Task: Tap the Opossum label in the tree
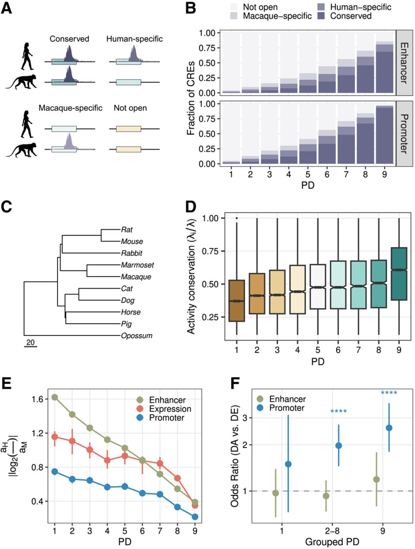[x=136, y=336]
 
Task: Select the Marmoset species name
[x=137, y=265]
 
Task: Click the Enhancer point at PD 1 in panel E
[x=54, y=397]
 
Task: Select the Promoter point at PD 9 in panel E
[x=195, y=517]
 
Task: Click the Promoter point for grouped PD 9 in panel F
[x=389, y=428]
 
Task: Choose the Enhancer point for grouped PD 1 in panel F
[x=276, y=493]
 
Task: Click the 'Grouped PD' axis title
[x=332, y=542]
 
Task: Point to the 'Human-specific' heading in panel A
[x=134, y=39]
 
